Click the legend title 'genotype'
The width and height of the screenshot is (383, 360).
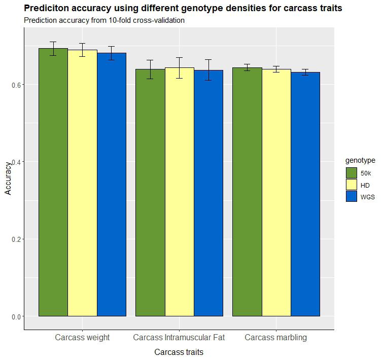click(x=360, y=161)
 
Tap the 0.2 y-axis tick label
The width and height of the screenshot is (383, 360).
click(x=15, y=239)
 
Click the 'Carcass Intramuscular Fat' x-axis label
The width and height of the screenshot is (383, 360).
click(x=179, y=338)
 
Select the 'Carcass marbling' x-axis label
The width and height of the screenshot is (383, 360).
click(x=275, y=338)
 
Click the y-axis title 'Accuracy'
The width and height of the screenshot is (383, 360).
click(x=8, y=178)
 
